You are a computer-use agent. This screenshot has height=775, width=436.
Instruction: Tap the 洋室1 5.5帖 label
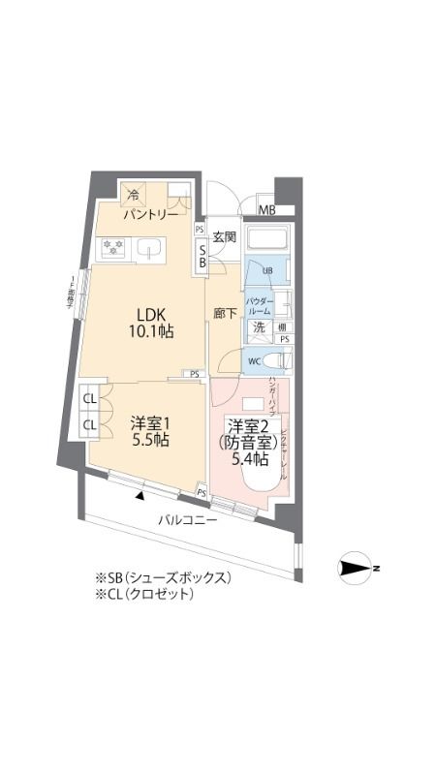click(x=150, y=431)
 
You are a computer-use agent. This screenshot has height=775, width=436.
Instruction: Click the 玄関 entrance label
click(x=225, y=236)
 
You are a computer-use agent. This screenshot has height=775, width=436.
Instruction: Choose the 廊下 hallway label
click(x=225, y=314)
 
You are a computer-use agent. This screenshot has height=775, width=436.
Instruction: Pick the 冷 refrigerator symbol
click(x=135, y=194)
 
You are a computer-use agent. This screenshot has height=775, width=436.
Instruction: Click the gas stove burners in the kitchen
click(x=113, y=250)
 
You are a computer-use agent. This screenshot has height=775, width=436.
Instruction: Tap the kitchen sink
click(x=150, y=250)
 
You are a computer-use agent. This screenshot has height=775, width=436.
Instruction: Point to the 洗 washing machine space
click(x=260, y=327)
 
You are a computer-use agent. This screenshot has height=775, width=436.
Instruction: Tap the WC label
click(x=254, y=361)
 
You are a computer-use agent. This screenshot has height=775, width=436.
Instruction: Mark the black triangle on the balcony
click(x=141, y=496)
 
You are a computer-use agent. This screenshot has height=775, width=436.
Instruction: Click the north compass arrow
click(x=358, y=569)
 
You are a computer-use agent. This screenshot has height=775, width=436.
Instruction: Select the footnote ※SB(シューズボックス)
click(x=162, y=577)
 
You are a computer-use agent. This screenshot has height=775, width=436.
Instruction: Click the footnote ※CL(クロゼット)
click(x=144, y=594)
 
